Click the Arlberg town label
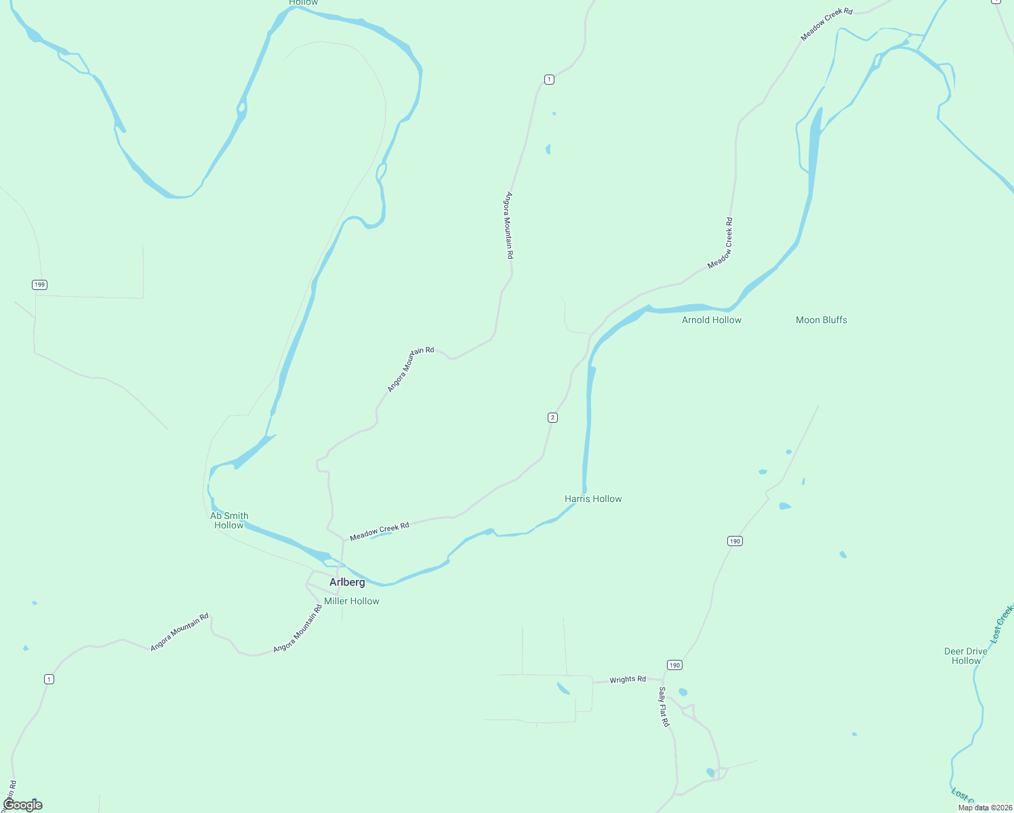pyautogui.click(x=347, y=582)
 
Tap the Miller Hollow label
pyautogui.click(x=351, y=601)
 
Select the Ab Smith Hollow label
pyautogui.click(x=229, y=520)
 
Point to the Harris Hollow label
pyautogui.click(x=593, y=499)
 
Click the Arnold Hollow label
pyautogui.click(x=712, y=320)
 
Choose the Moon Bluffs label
pyautogui.click(x=822, y=320)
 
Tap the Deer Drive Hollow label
pyautogui.click(x=966, y=656)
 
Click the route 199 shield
pyautogui.click(x=39, y=285)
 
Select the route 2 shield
pyautogui.click(x=552, y=417)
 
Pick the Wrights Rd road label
pyautogui.click(x=628, y=680)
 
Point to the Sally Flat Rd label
pyautogui.click(x=664, y=707)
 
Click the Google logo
pyautogui.click(x=22, y=805)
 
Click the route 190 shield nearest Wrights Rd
pyautogui.click(x=674, y=665)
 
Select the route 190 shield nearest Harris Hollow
pyautogui.click(x=735, y=541)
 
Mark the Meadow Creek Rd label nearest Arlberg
pyautogui.click(x=380, y=531)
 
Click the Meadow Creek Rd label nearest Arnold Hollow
pyautogui.click(x=720, y=243)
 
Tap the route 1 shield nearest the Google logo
pyautogui.click(x=49, y=679)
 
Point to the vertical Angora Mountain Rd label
pyautogui.click(x=509, y=226)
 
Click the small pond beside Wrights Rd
pyautogui.click(x=563, y=689)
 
